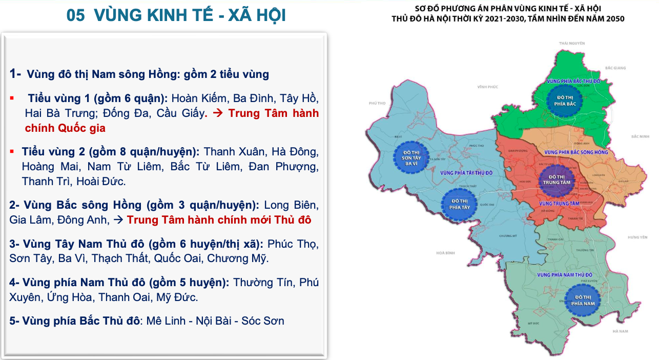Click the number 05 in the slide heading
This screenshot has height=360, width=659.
click(75, 16)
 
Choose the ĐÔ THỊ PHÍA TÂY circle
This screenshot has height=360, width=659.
click(459, 204)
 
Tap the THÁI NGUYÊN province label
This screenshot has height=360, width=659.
click(572, 44)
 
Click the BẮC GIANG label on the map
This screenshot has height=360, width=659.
click(615, 68)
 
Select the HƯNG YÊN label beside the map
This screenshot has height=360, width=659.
click(637, 237)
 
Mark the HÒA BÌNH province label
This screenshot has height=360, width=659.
click(446, 253)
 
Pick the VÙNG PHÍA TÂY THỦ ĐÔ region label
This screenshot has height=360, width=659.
click(466, 173)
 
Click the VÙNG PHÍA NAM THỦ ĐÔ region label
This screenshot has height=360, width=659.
click(565, 275)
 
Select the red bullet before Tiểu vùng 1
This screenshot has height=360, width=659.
click(12, 96)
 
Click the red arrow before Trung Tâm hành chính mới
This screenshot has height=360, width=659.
click(118, 219)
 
